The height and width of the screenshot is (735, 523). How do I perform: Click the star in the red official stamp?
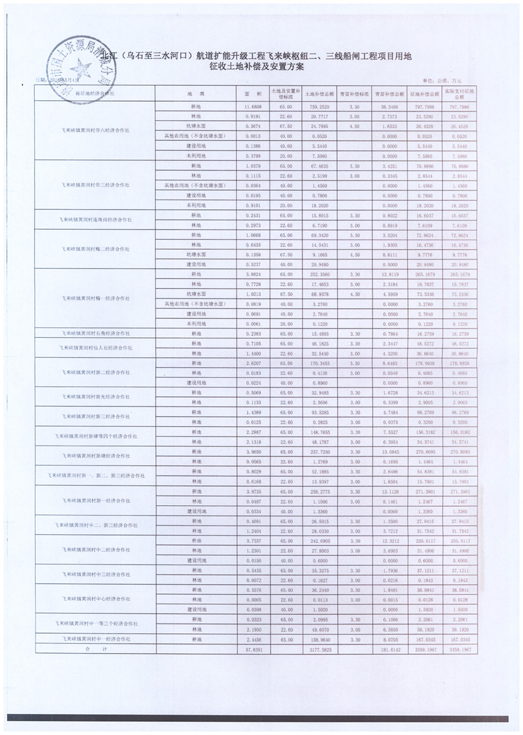pyautogui.click(x=81, y=68)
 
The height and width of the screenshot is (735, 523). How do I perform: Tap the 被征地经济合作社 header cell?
pyautogui.click(x=95, y=93)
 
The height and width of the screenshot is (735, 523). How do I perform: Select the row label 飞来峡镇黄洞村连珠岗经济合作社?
pyautogui.click(x=95, y=218)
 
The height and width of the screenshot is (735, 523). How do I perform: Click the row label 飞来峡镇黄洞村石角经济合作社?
pyautogui.click(x=95, y=332)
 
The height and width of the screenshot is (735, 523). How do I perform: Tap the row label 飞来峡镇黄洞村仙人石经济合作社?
pyautogui.click(x=95, y=347)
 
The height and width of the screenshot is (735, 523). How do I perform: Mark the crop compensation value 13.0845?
pyautogui.click(x=389, y=452)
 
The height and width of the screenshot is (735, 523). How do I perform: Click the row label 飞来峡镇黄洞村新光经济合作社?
pyautogui.click(x=95, y=397)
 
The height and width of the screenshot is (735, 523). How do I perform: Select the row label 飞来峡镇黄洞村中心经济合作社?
pyautogui.click(x=95, y=599)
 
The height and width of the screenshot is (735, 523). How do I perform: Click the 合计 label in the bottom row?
pyautogui.click(x=88, y=649)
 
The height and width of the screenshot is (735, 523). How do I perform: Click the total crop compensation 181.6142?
pyautogui.click(x=389, y=649)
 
